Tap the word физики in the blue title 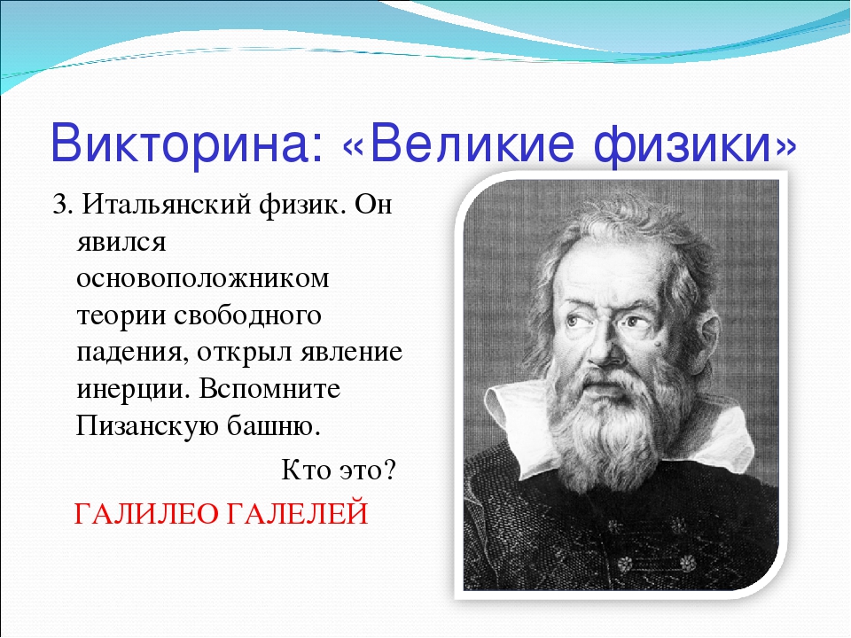[683, 146]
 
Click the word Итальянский [167, 206]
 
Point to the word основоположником [202, 278]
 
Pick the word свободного [247, 315]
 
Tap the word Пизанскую [146, 426]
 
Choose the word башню [273, 425]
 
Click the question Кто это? [339, 470]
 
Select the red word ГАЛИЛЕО [145, 514]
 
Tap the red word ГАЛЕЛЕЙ [297, 513]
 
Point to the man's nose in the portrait [605, 347]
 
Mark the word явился [121, 243]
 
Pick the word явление [351, 353]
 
